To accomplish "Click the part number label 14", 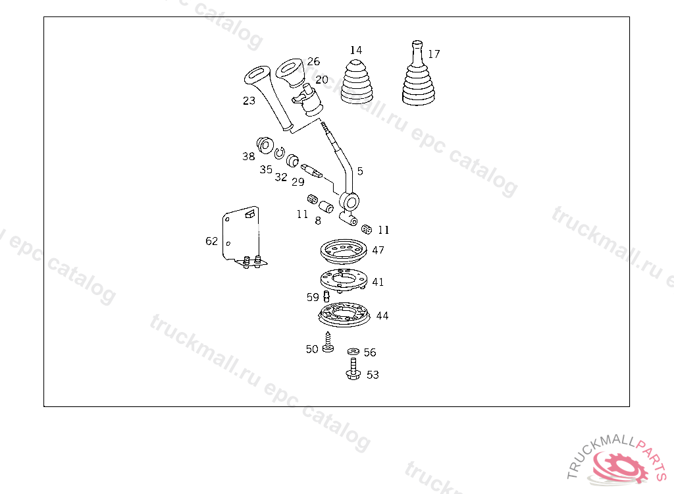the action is (x=356, y=50).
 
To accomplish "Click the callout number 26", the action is (x=313, y=61).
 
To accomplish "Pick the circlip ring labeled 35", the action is (x=280, y=152).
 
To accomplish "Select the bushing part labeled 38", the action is (x=265, y=146).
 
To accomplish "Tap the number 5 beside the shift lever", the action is (x=360, y=171).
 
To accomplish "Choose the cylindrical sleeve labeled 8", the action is (x=326, y=207).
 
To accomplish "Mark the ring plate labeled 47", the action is (x=344, y=252).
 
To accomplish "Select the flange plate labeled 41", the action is (x=344, y=281).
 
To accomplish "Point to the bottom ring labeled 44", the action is (x=344, y=315).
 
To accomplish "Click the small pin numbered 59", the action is (x=326, y=296).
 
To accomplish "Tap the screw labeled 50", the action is (x=328, y=342).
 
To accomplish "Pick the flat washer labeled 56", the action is (x=353, y=352).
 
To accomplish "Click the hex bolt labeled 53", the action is (x=353, y=370).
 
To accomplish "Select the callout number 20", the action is (x=321, y=80).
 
